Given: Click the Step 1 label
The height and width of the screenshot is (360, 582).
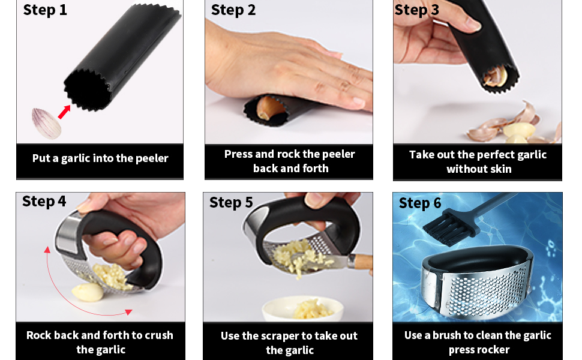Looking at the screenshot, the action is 45,10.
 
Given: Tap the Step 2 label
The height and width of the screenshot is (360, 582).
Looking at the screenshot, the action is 233,10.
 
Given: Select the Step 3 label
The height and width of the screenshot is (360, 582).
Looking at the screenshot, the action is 416,10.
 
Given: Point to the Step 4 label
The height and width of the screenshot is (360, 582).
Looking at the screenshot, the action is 44,202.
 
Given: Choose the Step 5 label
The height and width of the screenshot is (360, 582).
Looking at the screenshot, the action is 231,203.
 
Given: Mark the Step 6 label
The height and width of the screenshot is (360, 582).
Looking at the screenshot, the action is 420,203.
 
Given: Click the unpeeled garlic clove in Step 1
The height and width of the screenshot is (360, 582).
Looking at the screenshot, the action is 46,124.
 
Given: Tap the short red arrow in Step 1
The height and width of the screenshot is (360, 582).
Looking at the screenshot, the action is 64,112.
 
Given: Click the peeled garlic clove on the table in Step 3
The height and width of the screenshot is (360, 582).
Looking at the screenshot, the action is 520,130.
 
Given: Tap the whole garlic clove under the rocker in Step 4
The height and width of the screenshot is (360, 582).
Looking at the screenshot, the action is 88,292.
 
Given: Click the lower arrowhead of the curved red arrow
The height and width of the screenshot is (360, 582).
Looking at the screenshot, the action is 128,312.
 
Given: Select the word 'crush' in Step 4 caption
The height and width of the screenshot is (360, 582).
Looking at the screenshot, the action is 159,335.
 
